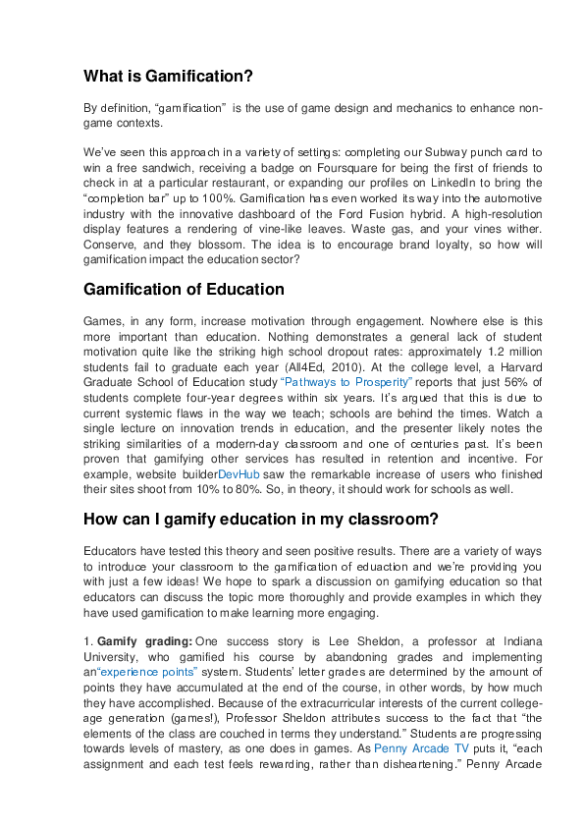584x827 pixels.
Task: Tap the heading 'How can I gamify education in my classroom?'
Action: pyautogui.click(x=261, y=491)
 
